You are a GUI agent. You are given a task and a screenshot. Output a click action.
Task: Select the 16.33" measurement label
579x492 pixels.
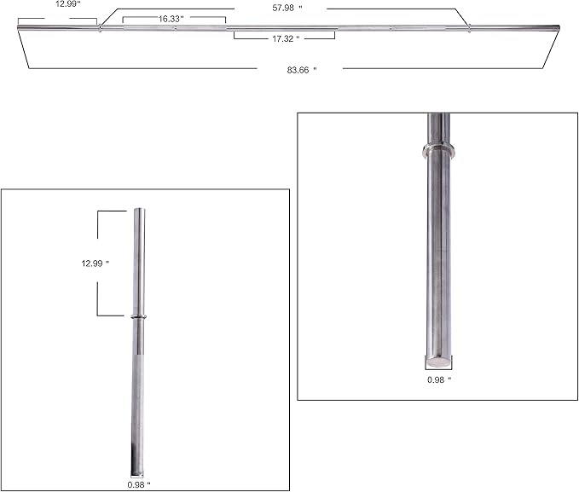171,18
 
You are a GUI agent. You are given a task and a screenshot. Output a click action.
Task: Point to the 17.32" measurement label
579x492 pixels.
285,39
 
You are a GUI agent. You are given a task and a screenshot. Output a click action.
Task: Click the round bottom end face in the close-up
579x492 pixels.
440,362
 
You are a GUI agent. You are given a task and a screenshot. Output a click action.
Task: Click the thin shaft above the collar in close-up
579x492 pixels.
439,128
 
